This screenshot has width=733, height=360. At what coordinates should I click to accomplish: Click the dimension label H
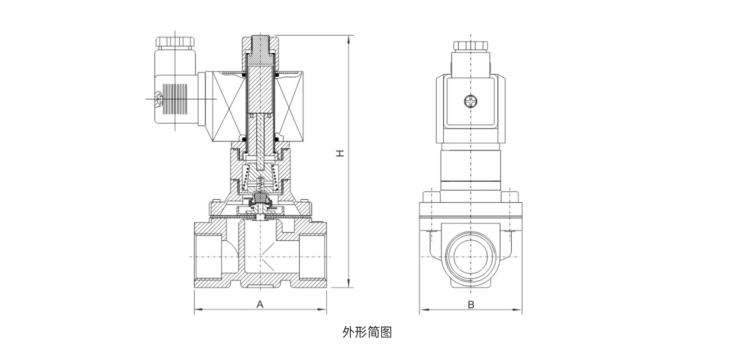340,153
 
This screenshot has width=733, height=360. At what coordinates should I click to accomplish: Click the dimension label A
260,304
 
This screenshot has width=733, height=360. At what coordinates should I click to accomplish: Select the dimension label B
470,305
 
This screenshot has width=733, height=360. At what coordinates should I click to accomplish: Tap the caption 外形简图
367,332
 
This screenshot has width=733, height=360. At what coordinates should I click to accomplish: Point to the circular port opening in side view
470,256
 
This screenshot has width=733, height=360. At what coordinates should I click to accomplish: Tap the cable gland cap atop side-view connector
470,46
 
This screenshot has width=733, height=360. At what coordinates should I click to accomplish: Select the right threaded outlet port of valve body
313,256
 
